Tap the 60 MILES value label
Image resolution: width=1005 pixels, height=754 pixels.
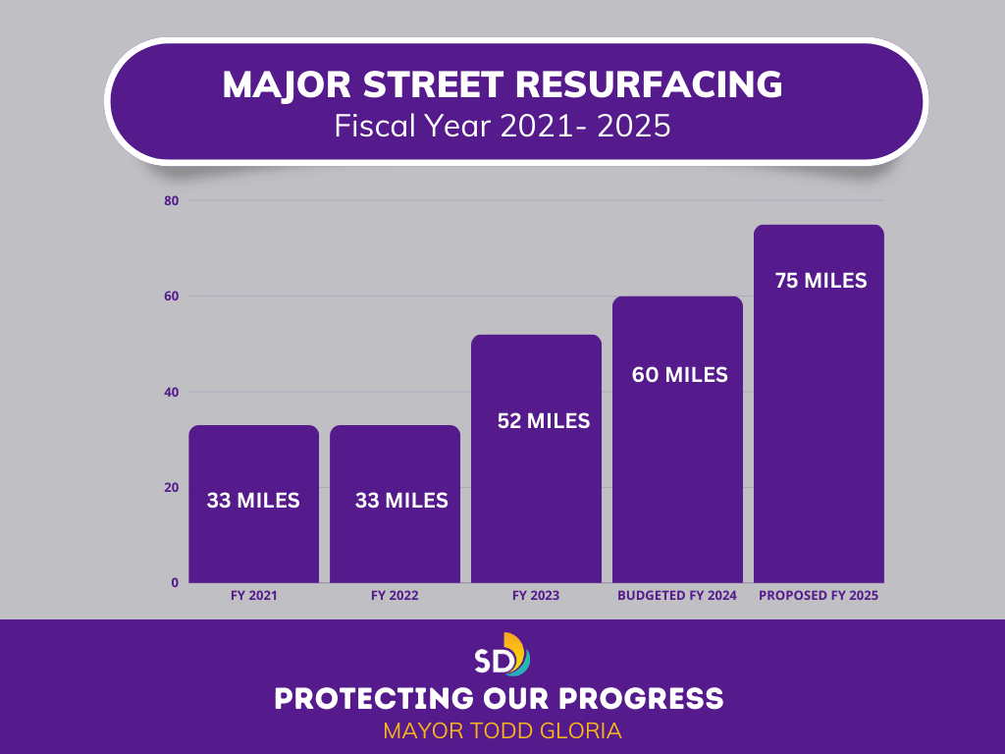pyautogui.click(x=678, y=374)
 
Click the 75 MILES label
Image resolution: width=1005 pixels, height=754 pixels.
pyautogui.click(x=820, y=281)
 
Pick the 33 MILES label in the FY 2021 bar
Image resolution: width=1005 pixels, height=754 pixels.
pyautogui.click(x=253, y=501)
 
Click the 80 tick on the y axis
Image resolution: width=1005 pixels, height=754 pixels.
pyautogui.click(x=171, y=200)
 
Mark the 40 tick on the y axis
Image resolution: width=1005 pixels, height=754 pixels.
pyautogui.click(x=171, y=392)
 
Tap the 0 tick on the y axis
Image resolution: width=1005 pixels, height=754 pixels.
pyautogui.click(x=175, y=583)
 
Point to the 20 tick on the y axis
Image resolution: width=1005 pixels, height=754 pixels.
pyautogui.click(x=171, y=488)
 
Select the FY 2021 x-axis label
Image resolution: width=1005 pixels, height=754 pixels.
pyautogui.click(x=254, y=596)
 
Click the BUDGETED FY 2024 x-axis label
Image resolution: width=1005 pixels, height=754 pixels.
pyautogui.click(x=678, y=596)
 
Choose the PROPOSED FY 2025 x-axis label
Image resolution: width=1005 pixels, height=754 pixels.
pyautogui.click(x=819, y=596)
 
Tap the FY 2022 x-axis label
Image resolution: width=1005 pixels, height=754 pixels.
pyautogui.click(x=395, y=596)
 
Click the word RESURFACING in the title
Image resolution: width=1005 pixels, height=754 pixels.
pyautogui.click(x=649, y=86)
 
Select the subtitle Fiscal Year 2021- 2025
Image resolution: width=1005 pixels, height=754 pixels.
pyautogui.click(x=502, y=127)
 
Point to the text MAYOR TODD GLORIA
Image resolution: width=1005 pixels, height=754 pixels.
pyautogui.click(x=502, y=731)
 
